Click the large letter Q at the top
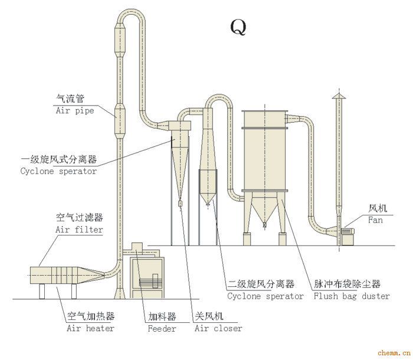238,27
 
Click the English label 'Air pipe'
75,110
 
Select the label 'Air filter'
79,230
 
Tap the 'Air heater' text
90,328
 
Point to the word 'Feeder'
162,329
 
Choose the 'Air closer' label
218,328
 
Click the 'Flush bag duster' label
352,296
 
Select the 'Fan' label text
375,220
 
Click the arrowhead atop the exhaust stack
339,96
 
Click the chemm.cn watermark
394,352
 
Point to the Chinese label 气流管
70,99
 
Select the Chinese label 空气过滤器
79,218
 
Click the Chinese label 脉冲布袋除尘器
347,284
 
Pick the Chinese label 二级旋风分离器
261,284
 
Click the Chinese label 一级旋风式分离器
59,159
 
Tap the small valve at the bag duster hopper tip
265,225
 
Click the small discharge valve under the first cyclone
180,204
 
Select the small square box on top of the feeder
137,247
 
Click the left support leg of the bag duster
247,239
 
